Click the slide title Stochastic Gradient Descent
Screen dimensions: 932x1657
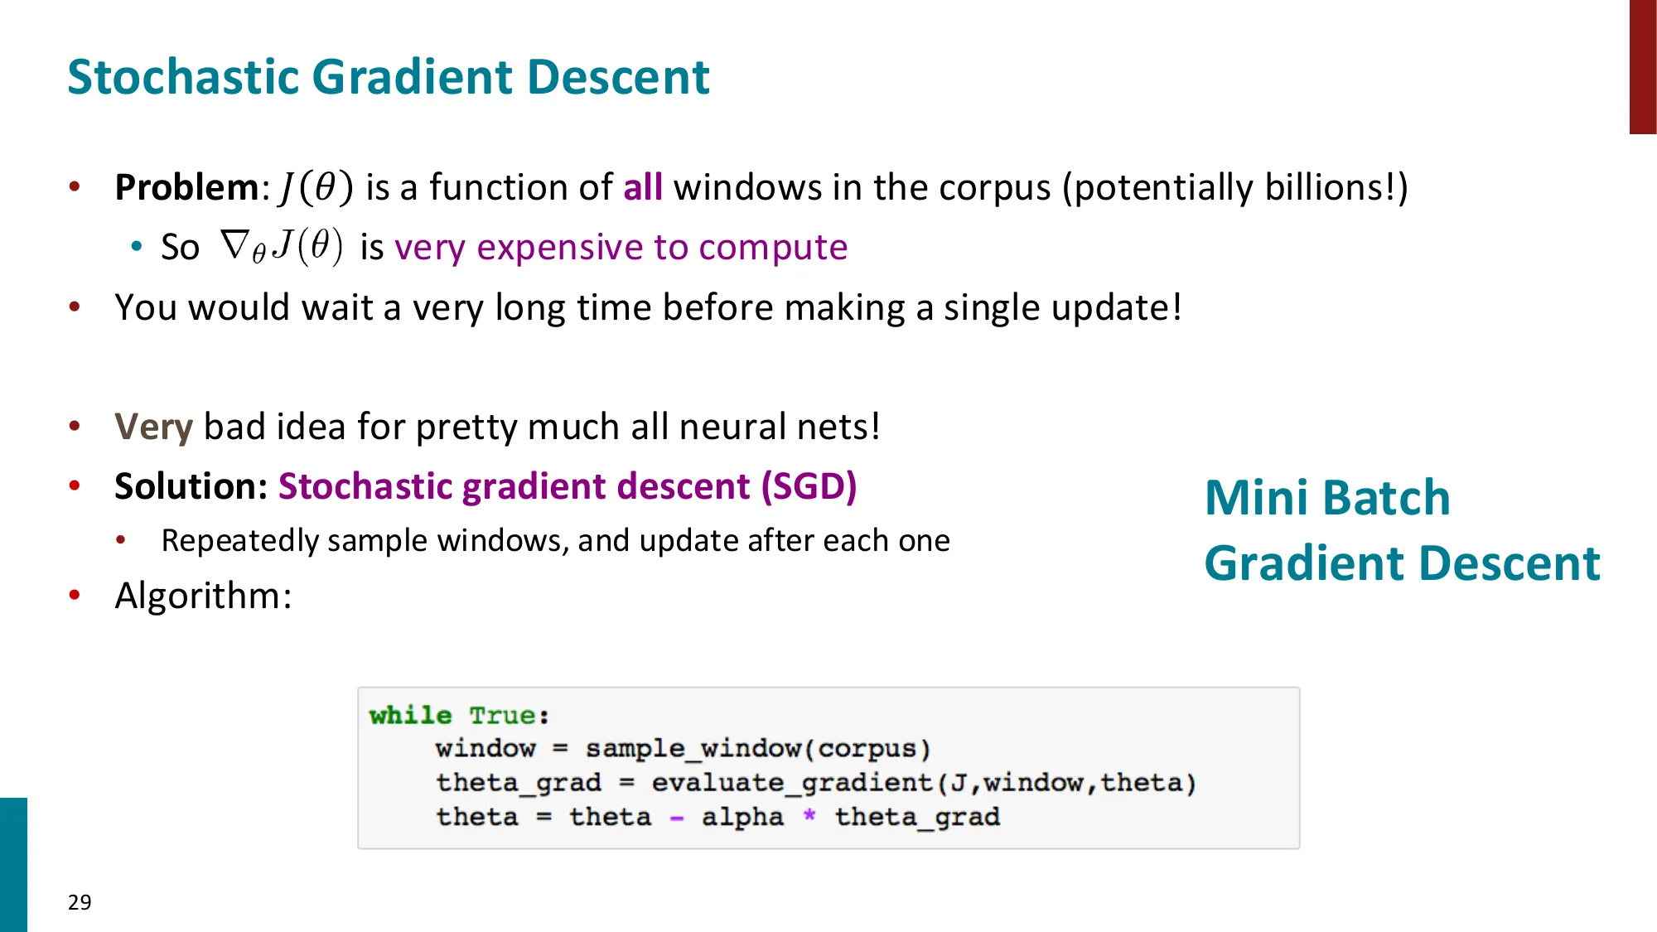click(x=388, y=77)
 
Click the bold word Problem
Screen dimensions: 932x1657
click(x=187, y=187)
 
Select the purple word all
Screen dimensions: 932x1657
click(x=642, y=187)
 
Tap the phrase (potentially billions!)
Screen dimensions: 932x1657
click(x=1234, y=188)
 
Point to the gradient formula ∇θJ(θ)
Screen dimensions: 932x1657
click(x=282, y=247)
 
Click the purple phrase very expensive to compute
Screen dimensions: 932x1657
click(x=621, y=247)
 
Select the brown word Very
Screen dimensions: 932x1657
click(x=153, y=427)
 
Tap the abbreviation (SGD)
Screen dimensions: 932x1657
click(x=809, y=486)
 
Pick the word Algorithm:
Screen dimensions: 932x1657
click(x=203, y=596)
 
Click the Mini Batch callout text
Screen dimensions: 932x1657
click(x=1327, y=498)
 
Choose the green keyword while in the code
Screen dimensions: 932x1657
click(x=410, y=715)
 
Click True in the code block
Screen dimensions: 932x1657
click(x=503, y=715)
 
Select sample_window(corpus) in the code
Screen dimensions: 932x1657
click(x=757, y=749)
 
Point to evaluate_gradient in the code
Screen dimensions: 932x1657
click(x=791, y=783)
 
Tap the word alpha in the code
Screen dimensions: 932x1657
click(x=742, y=817)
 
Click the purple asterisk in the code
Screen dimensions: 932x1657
click(x=809, y=816)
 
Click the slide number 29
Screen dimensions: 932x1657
click(x=80, y=902)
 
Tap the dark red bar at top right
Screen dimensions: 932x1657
click(x=1642, y=66)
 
